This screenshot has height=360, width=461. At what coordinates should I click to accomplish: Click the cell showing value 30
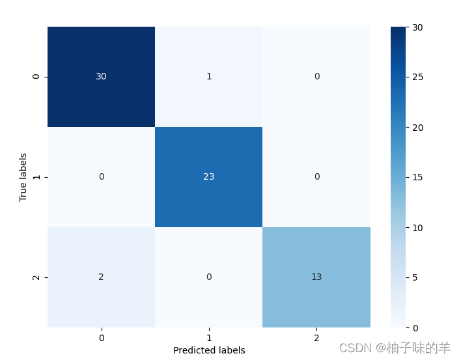coord(101,77)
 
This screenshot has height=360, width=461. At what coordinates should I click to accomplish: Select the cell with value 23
coord(208,177)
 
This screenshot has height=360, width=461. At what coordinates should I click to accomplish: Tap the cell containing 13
coord(316,277)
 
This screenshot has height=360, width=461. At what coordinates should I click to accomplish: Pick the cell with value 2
coord(101,277)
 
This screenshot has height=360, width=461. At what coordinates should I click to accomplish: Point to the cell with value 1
coord(208,77)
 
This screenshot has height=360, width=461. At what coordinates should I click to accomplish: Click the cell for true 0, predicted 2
coord(316,77)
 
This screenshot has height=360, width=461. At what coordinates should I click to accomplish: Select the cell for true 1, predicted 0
coord(101,177)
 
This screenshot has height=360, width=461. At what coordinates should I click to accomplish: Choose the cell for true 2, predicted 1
coord(208,277)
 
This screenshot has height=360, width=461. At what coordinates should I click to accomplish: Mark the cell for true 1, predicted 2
coord(316,177)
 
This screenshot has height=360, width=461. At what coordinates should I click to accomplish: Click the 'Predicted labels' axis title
coord(209,350)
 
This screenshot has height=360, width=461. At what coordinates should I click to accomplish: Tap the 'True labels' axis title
coord(23,177)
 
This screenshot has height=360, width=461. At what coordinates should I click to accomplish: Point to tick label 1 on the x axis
coord(209,338)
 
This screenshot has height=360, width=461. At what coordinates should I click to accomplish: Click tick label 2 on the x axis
coord(316,338)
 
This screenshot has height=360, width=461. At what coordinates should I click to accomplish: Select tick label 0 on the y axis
coord(36,77)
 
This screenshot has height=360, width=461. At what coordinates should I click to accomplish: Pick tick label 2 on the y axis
coord(36,277)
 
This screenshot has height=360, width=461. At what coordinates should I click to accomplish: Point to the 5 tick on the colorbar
coord(417,277)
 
